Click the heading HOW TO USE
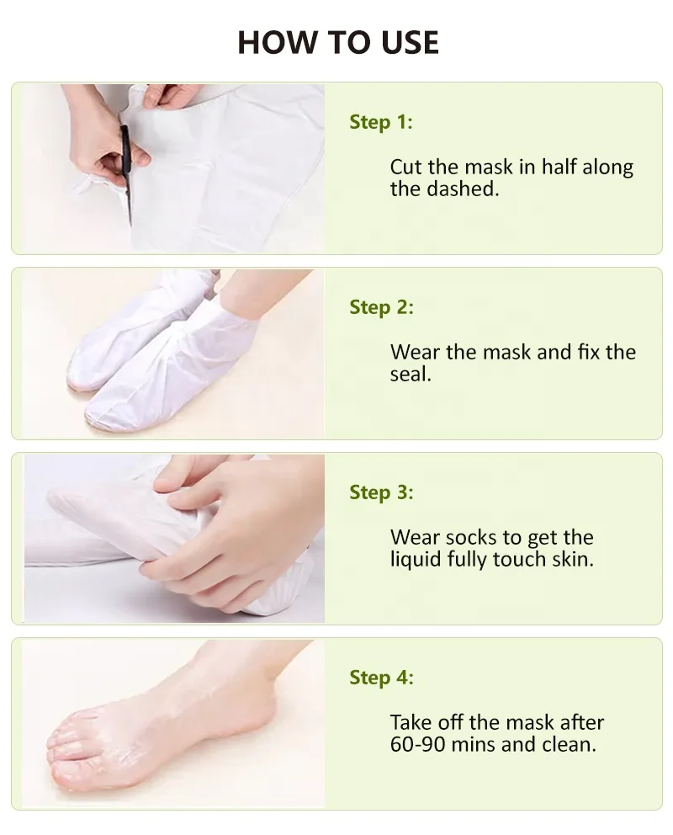(x=337, y=41)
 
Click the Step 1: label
(x=381, y=122)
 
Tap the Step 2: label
(x=381, y=307)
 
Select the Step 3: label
(x=381, y=492)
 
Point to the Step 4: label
(x=381, y=678)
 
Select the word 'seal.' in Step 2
(x=411, y=375)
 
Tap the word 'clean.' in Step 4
(x=569, y=745)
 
